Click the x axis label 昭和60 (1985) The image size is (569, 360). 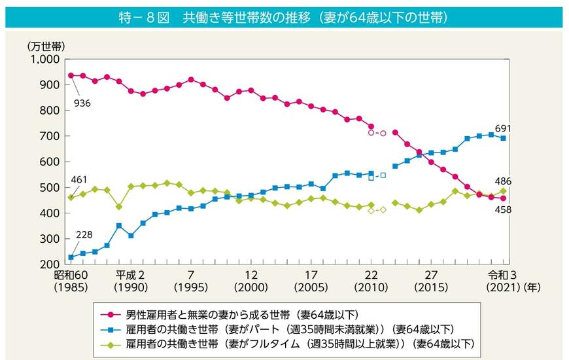(71, 281)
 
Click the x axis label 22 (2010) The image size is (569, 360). (371, 281)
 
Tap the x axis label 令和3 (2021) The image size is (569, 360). (502, 281)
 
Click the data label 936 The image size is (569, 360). (82, 103)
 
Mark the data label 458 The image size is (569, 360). (502, 209)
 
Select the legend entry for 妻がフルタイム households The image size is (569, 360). (284, 343)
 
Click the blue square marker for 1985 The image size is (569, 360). (71, 257)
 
